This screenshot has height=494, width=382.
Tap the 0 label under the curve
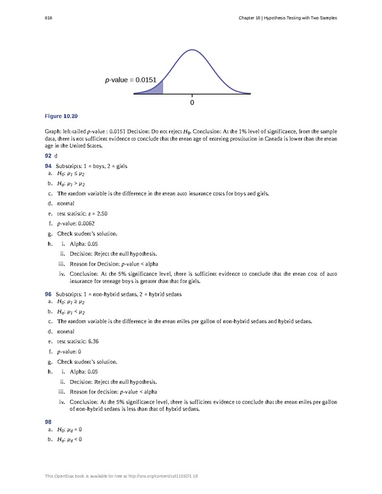[192, 104]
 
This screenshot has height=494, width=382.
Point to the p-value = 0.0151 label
[130, 79]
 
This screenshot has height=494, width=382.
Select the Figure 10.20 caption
[62, 115]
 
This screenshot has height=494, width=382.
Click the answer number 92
[49, 156]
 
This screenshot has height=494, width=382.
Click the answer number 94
[49, 165]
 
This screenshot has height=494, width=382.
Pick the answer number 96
[49, 293]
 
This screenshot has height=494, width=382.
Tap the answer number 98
[49, 421]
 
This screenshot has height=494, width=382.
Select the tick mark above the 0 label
[192, 96]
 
